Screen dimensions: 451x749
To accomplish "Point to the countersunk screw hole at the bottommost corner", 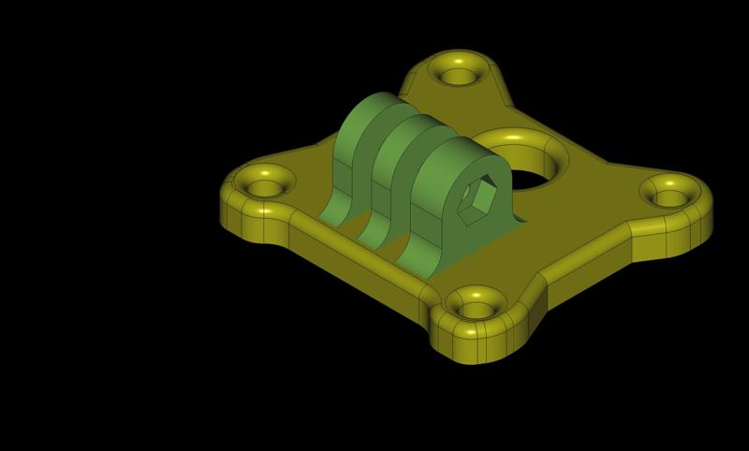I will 477,309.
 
